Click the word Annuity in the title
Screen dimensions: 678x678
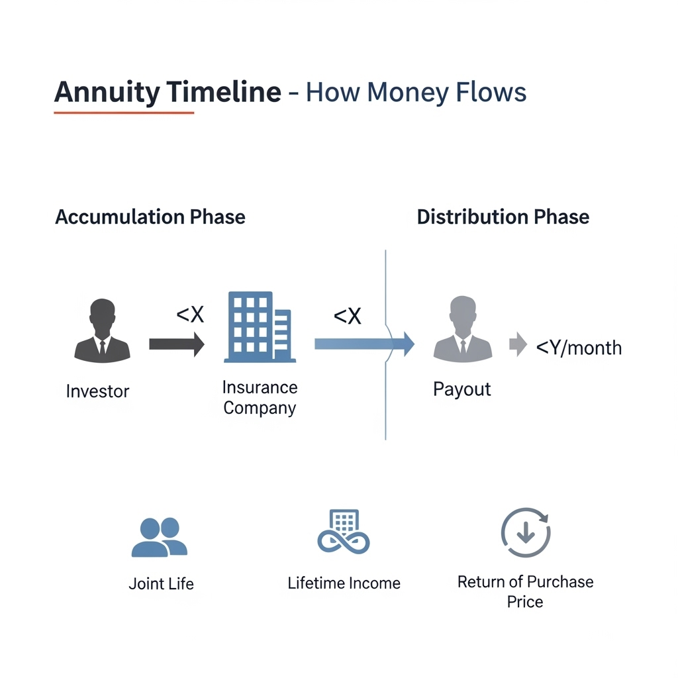pos(107,93)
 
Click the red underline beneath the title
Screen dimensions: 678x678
pos(124,113)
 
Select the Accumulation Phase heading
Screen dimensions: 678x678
pos(150,217)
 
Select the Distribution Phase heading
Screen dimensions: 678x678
pos(503,217)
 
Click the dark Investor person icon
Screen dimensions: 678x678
pos(102,330)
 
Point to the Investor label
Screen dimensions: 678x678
pos(98,391)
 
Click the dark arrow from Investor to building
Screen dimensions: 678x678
pos(177,344)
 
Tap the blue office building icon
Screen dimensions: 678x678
pos(260,327)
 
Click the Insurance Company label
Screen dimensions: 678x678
pos(260,397)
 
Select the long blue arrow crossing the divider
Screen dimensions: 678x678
pos(365,344)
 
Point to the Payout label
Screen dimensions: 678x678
pos(461,389)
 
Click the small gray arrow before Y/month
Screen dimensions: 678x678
pos(518,344)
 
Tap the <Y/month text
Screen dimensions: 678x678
pos(579,348)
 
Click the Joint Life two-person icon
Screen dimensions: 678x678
pos(160,537)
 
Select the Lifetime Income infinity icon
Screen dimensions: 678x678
pos(344,532)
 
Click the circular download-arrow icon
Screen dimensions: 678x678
pos(526,532)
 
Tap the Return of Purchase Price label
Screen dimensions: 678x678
pos(525,591)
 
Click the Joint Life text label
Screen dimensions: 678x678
pos(162,584)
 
